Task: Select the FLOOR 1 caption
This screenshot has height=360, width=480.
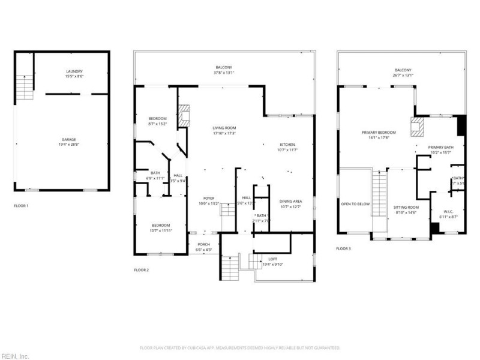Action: coord(21,206)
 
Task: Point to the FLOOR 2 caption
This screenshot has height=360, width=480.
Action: coord(141,270)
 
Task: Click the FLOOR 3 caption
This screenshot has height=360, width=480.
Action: coord(343,248)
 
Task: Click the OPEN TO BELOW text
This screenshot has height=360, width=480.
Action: coord(355,204)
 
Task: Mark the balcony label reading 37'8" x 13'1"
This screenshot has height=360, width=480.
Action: coord(224,70)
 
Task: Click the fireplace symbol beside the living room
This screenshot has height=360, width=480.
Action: coord(184,115)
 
